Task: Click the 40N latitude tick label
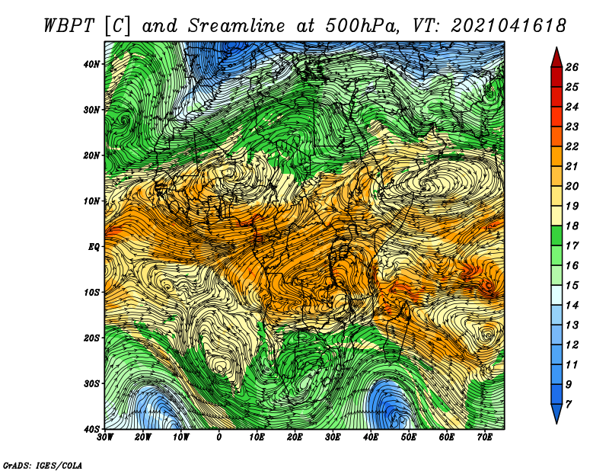[x=91, y=64]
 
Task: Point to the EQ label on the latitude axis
[x=94, y=247]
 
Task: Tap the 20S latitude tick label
[x=91, y=338]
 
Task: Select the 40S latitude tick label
[x=91, y=429]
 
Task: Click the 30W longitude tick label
[x=105, y=437]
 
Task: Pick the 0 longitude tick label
[x=219, y=437]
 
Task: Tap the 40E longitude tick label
[x=371, y=437]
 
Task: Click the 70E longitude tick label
[x=485, y=437]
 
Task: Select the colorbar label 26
[x=572, y=67]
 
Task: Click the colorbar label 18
[x=572, y=226]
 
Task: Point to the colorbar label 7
[x=569, y=405]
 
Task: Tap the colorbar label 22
[x=572, y=146]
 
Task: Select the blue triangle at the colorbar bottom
[x=556, y=413]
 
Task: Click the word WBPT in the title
[x=69, y=26]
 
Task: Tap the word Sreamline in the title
[x=237, y=26]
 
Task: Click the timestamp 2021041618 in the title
[x=509, y=26]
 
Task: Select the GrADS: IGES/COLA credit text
[x=43, y=465]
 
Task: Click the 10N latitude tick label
[x=91, y=201]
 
